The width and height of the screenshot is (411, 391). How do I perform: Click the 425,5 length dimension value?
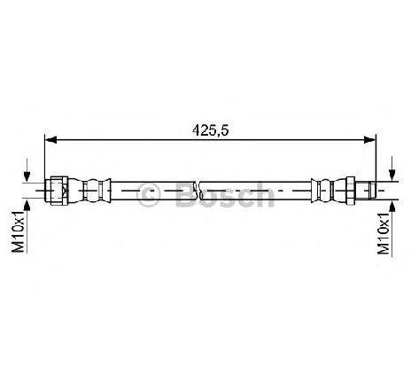pos(210,130)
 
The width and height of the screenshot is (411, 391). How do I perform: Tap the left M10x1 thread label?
pos(18,232)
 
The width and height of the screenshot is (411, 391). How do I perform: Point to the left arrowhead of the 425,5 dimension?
pos(50,140)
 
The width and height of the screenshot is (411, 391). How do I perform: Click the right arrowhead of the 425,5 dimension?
pos(370,140)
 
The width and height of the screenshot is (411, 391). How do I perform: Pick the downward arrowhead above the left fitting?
pos(27,176)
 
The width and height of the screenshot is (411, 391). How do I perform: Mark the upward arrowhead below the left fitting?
pos(27,206)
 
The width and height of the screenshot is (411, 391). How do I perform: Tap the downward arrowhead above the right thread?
pos(392,175)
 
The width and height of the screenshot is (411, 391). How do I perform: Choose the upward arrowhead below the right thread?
pos(392,206)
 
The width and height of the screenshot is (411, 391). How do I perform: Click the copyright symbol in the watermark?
pos(149,195)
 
